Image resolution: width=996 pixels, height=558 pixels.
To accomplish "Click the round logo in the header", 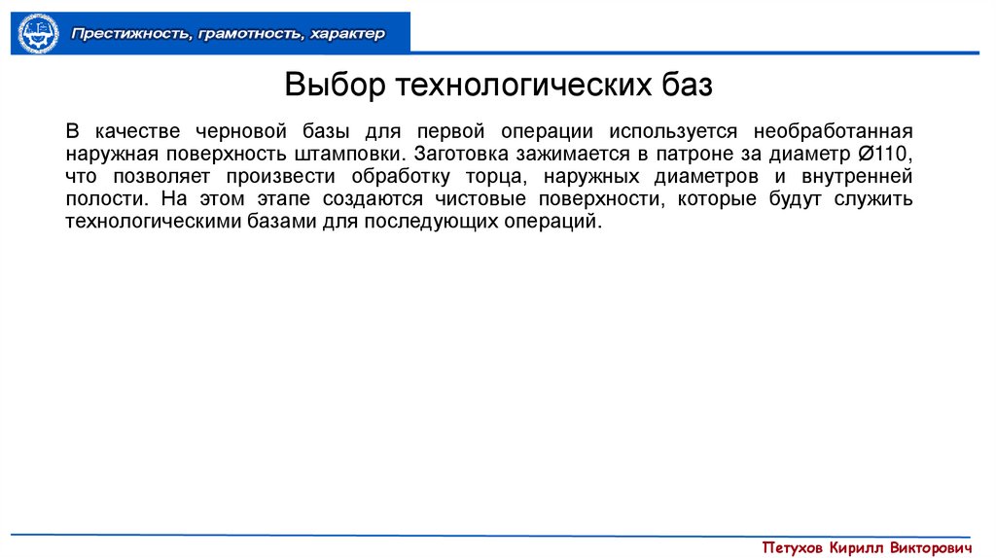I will [39, 33].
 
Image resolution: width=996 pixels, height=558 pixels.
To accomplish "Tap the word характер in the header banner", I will [348, 34].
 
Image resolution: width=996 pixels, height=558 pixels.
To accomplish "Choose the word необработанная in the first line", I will [833, 131].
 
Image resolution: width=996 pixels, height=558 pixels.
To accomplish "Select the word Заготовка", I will [459, 154].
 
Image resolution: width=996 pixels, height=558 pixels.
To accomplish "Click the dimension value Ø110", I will [883, 154].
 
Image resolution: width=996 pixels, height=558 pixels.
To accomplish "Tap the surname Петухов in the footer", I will [794, 546].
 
